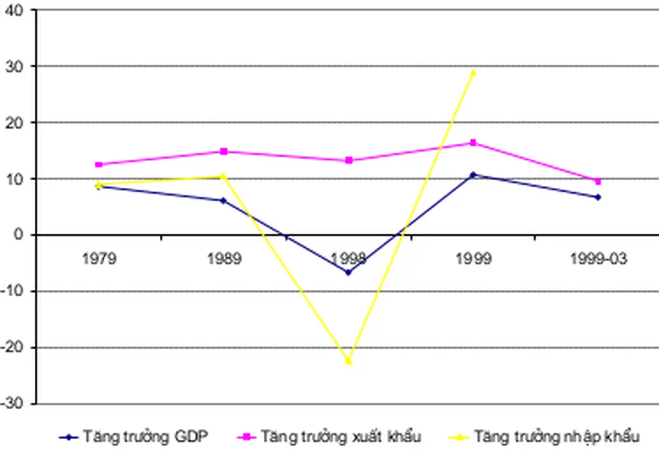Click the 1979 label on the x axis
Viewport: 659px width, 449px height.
pyautogui.click(x=99, y=259)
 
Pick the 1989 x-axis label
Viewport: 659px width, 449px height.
pyautogui.click(x=224, y=259)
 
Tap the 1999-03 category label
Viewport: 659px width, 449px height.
pyautogui.click(x=598, y=259)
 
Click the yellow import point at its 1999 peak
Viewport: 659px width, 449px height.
pyautogui.click(x=473, y=73)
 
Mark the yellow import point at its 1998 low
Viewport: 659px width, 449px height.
pyautogui.click(x=348, y=361)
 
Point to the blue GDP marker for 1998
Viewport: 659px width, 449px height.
pyautogui.click(x=348, y=273)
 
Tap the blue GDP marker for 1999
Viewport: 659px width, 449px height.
pyautogui.click(x=473, y=175)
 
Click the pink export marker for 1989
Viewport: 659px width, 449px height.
pyautogui.click(x=224, y=151)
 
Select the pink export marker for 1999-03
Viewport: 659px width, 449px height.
pyautogui.click(x=598, y=181)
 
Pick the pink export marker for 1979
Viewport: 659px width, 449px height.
pyautogui.click(x=99, y=165)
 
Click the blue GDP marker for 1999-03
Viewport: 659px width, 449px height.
pyautogui.click(x=598, y=197)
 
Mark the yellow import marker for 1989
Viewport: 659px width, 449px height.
pyautogui.click(x=224, y=176)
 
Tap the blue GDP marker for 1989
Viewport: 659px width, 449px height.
pyautogui.click(x=224, y=200)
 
